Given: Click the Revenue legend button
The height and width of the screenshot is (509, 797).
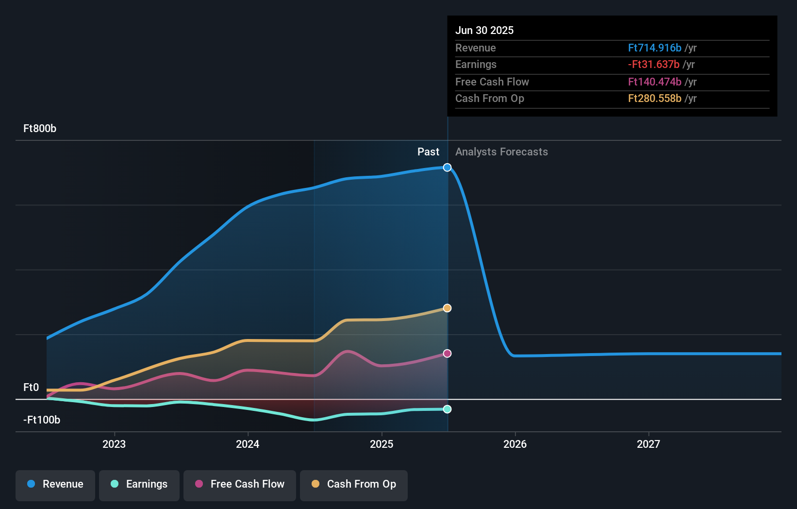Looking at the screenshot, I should pos(55,484).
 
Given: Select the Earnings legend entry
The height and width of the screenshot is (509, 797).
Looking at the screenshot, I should pos(139,484).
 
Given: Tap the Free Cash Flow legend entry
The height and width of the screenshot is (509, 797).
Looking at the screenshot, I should pos(240,484).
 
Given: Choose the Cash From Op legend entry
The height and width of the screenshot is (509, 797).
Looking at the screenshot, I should pos(354,484).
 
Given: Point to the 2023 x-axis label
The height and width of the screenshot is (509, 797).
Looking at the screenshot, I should pos(114,444).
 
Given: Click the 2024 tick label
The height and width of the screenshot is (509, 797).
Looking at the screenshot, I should pos(248,444).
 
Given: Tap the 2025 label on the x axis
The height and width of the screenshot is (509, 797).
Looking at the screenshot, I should pos(382,444).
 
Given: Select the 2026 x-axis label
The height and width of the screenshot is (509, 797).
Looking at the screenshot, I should pos(515,444).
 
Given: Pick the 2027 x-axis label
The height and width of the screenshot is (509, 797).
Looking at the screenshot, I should pos(648,444).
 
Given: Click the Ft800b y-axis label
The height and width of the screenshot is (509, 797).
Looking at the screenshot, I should pos(40,129).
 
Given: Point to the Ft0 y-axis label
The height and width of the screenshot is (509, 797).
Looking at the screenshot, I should pos(31,388).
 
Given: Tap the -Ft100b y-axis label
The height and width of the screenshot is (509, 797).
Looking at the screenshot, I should pos(42,420).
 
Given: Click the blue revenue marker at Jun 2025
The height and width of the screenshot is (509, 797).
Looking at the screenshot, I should pos(447,168).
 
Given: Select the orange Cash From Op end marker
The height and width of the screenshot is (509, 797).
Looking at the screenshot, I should pos(447,308).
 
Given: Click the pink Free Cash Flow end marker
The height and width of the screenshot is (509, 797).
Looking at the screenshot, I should pos(447,354).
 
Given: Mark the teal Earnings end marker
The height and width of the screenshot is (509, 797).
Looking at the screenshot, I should pos(447,409).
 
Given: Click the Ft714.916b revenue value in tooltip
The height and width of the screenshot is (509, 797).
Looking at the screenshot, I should pos(654,48).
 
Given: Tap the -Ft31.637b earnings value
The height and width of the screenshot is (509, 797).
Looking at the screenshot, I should pos(653,65).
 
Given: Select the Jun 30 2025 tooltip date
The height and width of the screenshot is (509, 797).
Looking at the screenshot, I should pos(484,31).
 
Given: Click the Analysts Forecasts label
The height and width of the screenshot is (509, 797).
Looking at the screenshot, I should pos(501,152).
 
